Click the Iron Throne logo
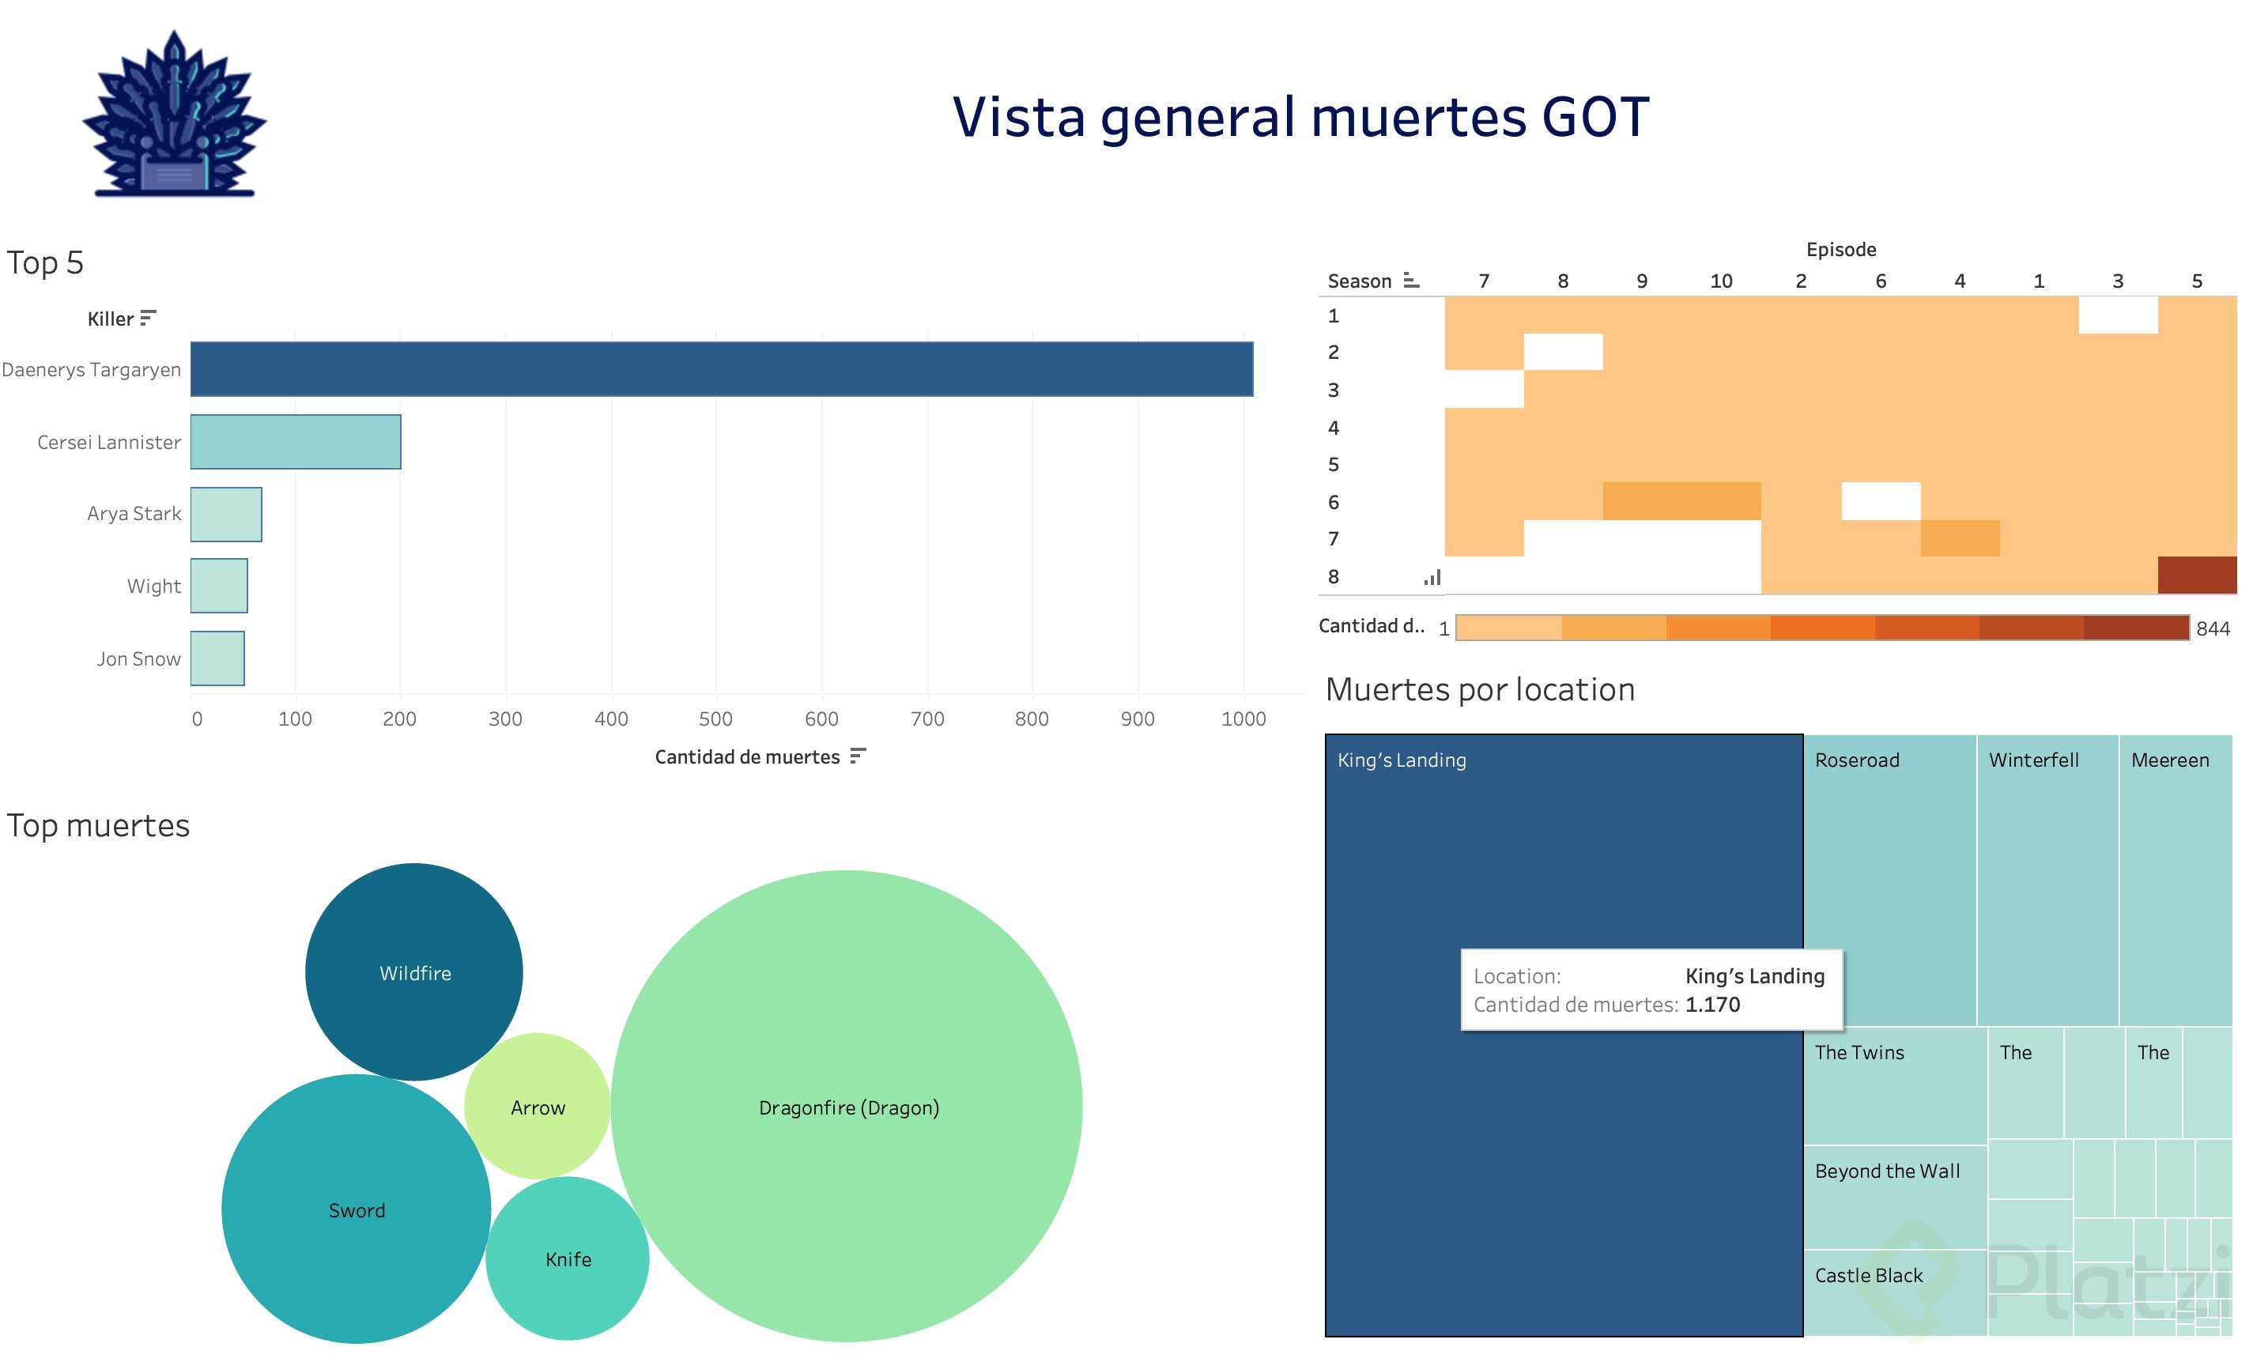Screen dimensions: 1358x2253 pyautogui.click(x=174, y=115)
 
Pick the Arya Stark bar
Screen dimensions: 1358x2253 pyautogui.click(x=226, y=514)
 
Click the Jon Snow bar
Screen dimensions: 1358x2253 pyautogui.click(x=217, y=658)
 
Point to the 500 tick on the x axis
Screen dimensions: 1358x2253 pyautogui.click(x=715, y=719)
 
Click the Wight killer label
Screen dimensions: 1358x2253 pyautogui.click(x=153, y=587)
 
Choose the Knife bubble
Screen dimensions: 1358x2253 pyautogui.click(x=567, y=1258)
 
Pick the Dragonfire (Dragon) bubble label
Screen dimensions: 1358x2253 pyautogui.click(x=848, y=1107)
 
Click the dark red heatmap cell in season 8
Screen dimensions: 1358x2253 pyautogui.click(x=2196, y=575)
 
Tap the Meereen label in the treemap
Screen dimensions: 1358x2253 pyautogui.click(x=2170, y=760)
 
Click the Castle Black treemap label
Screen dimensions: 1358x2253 pyautogui.click(x=1868, y=1275)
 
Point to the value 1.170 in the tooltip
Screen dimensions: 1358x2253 pyautogui.click(x=1712, y=1004)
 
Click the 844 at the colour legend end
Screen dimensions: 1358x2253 pyautogui.click(x=2213, y=628)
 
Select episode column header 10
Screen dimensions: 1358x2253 pyautogui.click(x=1721, y=281)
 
